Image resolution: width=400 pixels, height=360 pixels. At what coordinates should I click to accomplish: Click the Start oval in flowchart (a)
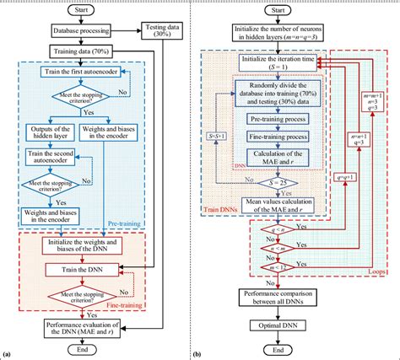pos(82,11)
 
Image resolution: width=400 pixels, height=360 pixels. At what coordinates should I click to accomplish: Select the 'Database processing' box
pos(82,34)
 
